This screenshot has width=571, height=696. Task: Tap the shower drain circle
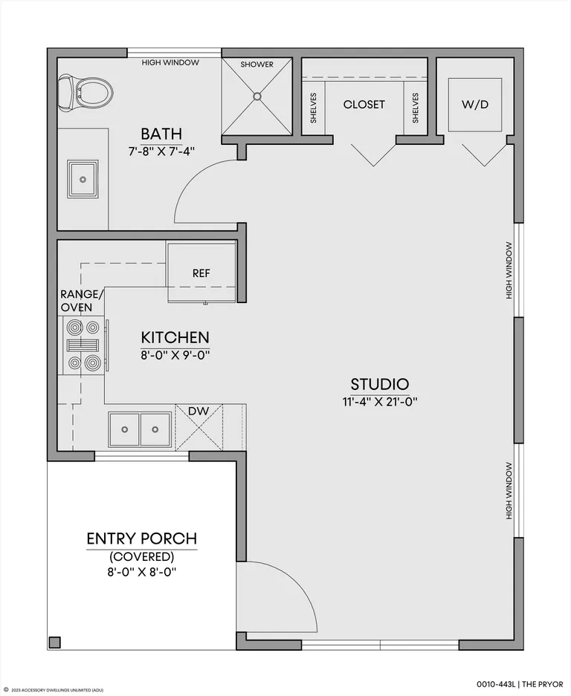257,96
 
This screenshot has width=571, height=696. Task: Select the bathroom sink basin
83,179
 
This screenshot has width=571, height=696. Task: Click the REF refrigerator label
201,273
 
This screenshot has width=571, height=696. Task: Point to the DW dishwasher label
199,411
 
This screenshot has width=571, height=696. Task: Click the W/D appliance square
475,105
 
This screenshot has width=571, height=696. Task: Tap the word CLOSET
364,105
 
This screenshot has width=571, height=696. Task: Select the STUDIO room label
379,384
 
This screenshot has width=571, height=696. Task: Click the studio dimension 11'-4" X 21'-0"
379,402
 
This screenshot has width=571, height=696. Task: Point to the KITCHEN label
175,337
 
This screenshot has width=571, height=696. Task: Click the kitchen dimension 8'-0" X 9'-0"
175,355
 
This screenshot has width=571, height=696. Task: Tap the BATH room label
161,134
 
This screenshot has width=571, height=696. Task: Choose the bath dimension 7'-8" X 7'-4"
161,152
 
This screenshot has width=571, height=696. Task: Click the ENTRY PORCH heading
142,539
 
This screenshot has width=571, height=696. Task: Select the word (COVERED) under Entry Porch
142,556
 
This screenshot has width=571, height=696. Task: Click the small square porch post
55,643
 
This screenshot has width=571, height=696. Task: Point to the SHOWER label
257,65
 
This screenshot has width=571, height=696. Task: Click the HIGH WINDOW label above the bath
170,62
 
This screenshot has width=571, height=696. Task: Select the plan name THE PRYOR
544,684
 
